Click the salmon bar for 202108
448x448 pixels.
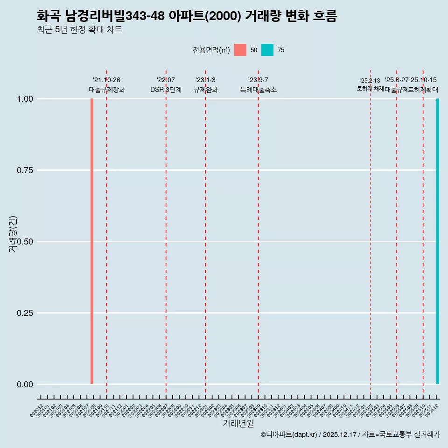point(92,241)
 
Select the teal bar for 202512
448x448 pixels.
point(438,241)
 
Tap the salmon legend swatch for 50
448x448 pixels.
point(240,50)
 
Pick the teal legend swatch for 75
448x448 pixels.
point(267,50)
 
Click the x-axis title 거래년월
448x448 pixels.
point(238,424)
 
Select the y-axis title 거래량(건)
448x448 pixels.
point(13,234)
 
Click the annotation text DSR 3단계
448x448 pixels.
point(166,90)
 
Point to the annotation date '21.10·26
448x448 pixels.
point(106,80)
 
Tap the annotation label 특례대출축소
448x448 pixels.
point(259,90)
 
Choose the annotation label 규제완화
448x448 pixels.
point(205,90)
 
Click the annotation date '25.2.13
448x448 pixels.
point(370,81)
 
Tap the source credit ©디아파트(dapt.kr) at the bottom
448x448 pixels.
point(288,435)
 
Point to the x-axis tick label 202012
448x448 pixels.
point(37,411)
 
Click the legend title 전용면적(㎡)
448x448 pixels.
point(211,50)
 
